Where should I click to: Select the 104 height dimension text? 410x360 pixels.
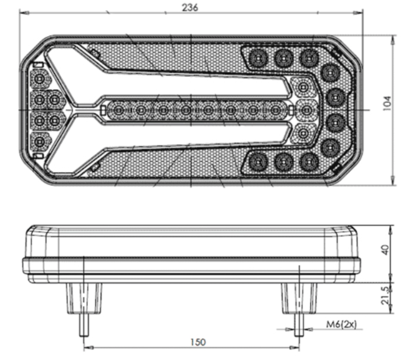point(386,103)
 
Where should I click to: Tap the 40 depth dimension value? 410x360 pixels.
point(386,250)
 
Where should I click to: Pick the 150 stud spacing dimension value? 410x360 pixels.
point(198,342)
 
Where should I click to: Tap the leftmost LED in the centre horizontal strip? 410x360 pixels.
point(118,111)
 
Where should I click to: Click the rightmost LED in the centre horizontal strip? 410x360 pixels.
point(276,111)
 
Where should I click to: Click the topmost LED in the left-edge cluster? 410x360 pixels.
point(39,80)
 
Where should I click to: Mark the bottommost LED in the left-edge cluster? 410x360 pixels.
point(39,141)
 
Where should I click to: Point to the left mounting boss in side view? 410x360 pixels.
point(84,298)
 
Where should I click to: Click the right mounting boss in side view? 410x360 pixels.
point(298,298)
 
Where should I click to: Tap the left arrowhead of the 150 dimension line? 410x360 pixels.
point(86,347)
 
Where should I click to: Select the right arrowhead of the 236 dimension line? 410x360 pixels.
point(361,12)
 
